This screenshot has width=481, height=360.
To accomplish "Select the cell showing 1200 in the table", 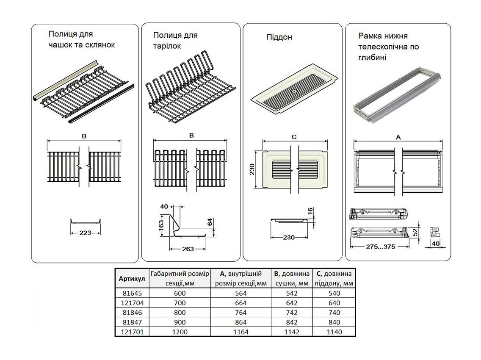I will pyautogui.click(x=180, y=332).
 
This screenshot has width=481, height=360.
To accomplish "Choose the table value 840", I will pyautogui.click(x=334, y=322).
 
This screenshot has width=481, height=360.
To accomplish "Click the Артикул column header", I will pyautogui.click(x=132, y=279).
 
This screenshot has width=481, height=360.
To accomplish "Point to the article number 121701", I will pyautogui.click(x=131, y=332).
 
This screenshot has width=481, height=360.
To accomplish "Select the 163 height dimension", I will pyautogui.click(x=160, y=225).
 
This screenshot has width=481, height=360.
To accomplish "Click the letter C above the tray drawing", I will pyautogui.click(x=294, y=136).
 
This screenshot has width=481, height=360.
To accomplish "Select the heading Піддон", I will pyautogui.click(x=279, y=37).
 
